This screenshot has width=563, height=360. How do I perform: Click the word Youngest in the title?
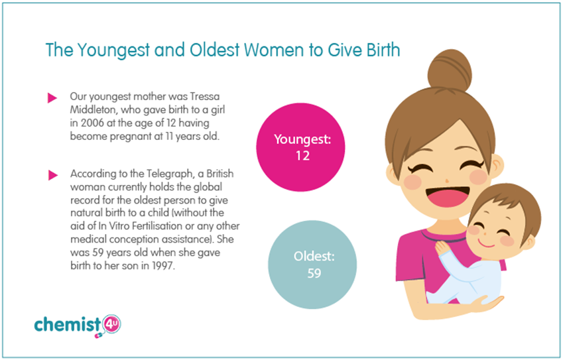tap(113, 50)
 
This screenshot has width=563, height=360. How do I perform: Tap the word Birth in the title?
tap(383, 50)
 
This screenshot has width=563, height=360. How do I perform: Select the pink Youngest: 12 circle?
tap(300, 147)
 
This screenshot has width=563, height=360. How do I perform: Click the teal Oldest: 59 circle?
tap(312, 265)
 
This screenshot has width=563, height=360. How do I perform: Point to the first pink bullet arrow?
tap(52, 97)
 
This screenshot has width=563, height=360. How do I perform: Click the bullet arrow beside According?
tap(53, 175)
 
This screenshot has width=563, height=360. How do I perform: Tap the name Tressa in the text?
tap(205, 97)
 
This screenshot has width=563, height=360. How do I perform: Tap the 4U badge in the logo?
tap(111, 324)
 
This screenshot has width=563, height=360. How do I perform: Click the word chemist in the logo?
tap(68, 324)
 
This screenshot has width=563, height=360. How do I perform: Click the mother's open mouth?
tap(448, 197)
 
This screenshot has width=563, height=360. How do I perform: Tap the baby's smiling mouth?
tap(487, 245)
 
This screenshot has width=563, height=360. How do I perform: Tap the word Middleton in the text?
tap(94, 110)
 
